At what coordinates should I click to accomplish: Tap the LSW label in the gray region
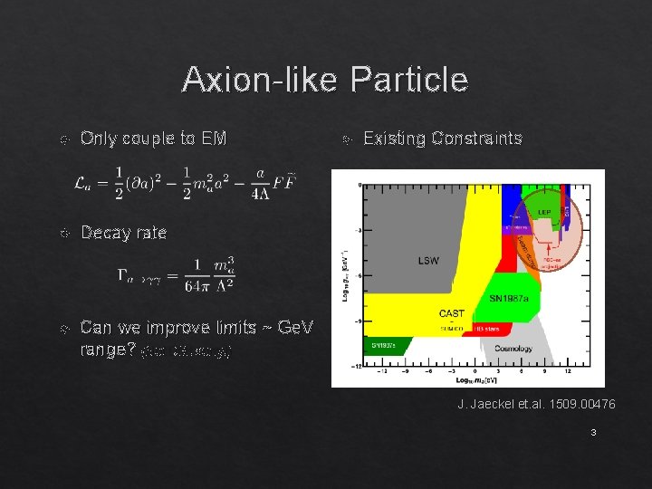tap(428, 261)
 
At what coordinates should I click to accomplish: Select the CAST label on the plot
tap(451, 313)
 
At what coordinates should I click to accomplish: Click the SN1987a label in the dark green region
tap(386, 346)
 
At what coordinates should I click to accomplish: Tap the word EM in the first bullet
tap(215, 139)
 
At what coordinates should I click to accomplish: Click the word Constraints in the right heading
tap(477, 139)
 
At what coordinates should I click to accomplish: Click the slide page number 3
tap(593, 433)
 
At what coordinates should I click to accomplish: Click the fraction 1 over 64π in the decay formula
tap(192, 274)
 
